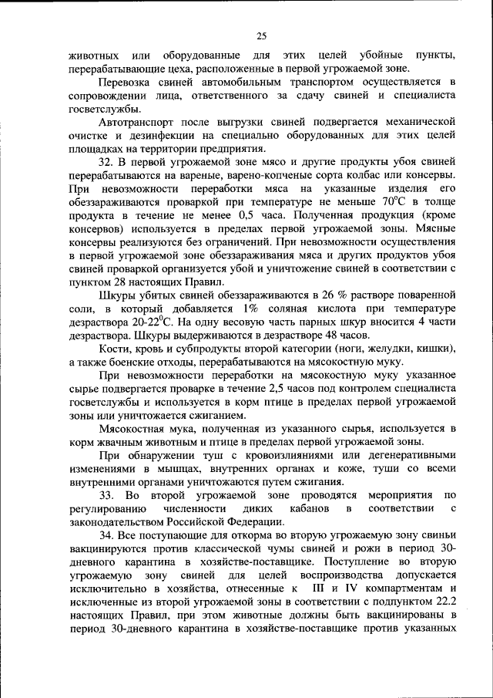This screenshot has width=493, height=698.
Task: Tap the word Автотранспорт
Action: (139, 122)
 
